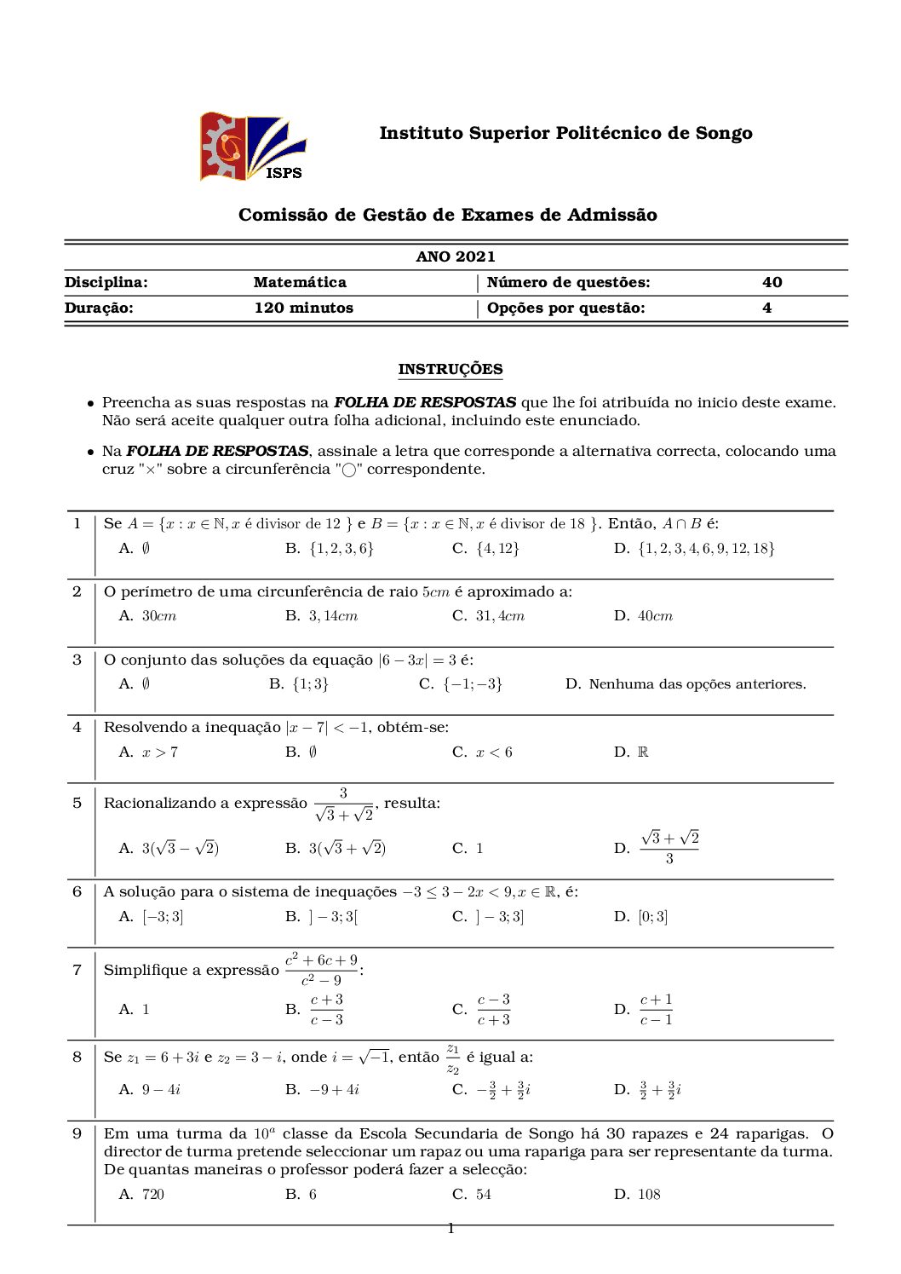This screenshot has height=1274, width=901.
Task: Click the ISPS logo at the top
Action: point(252,147)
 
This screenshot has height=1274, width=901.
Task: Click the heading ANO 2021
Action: point(456,257)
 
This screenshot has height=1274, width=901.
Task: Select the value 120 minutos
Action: point(303,308)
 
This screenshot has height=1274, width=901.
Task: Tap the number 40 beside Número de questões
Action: point(772,282)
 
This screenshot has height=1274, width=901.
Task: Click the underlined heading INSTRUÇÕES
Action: point(450,369)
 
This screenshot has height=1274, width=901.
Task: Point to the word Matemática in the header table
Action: point(300,282)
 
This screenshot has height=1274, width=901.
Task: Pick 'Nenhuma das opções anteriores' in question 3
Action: point(697,683)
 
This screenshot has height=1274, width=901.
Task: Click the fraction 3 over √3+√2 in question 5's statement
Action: point(344,804)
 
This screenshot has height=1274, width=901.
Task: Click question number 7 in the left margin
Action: point(77,969)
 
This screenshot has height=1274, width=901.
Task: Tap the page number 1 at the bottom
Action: point(450,1228)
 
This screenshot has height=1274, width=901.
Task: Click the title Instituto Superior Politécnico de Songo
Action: point(565,133)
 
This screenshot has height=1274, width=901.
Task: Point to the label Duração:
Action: point(99,308)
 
